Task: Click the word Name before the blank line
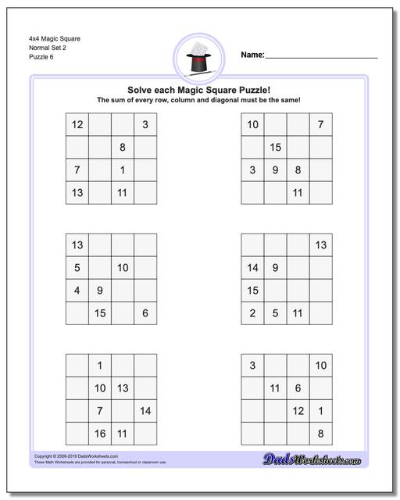point(252,55)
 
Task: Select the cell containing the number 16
point(100,433)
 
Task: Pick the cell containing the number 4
point(77,291)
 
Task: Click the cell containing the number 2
point(252,313)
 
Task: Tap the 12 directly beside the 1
point(298,410)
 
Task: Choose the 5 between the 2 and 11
point(275,313)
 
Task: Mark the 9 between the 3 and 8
point(275,170)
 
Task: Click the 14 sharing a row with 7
point(145,410)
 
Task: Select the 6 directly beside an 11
point(298,387)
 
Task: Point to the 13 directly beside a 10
point(123,387)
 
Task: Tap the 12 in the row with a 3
point(77,125)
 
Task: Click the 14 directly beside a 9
point(252,268)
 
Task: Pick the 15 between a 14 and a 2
point(252,291)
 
